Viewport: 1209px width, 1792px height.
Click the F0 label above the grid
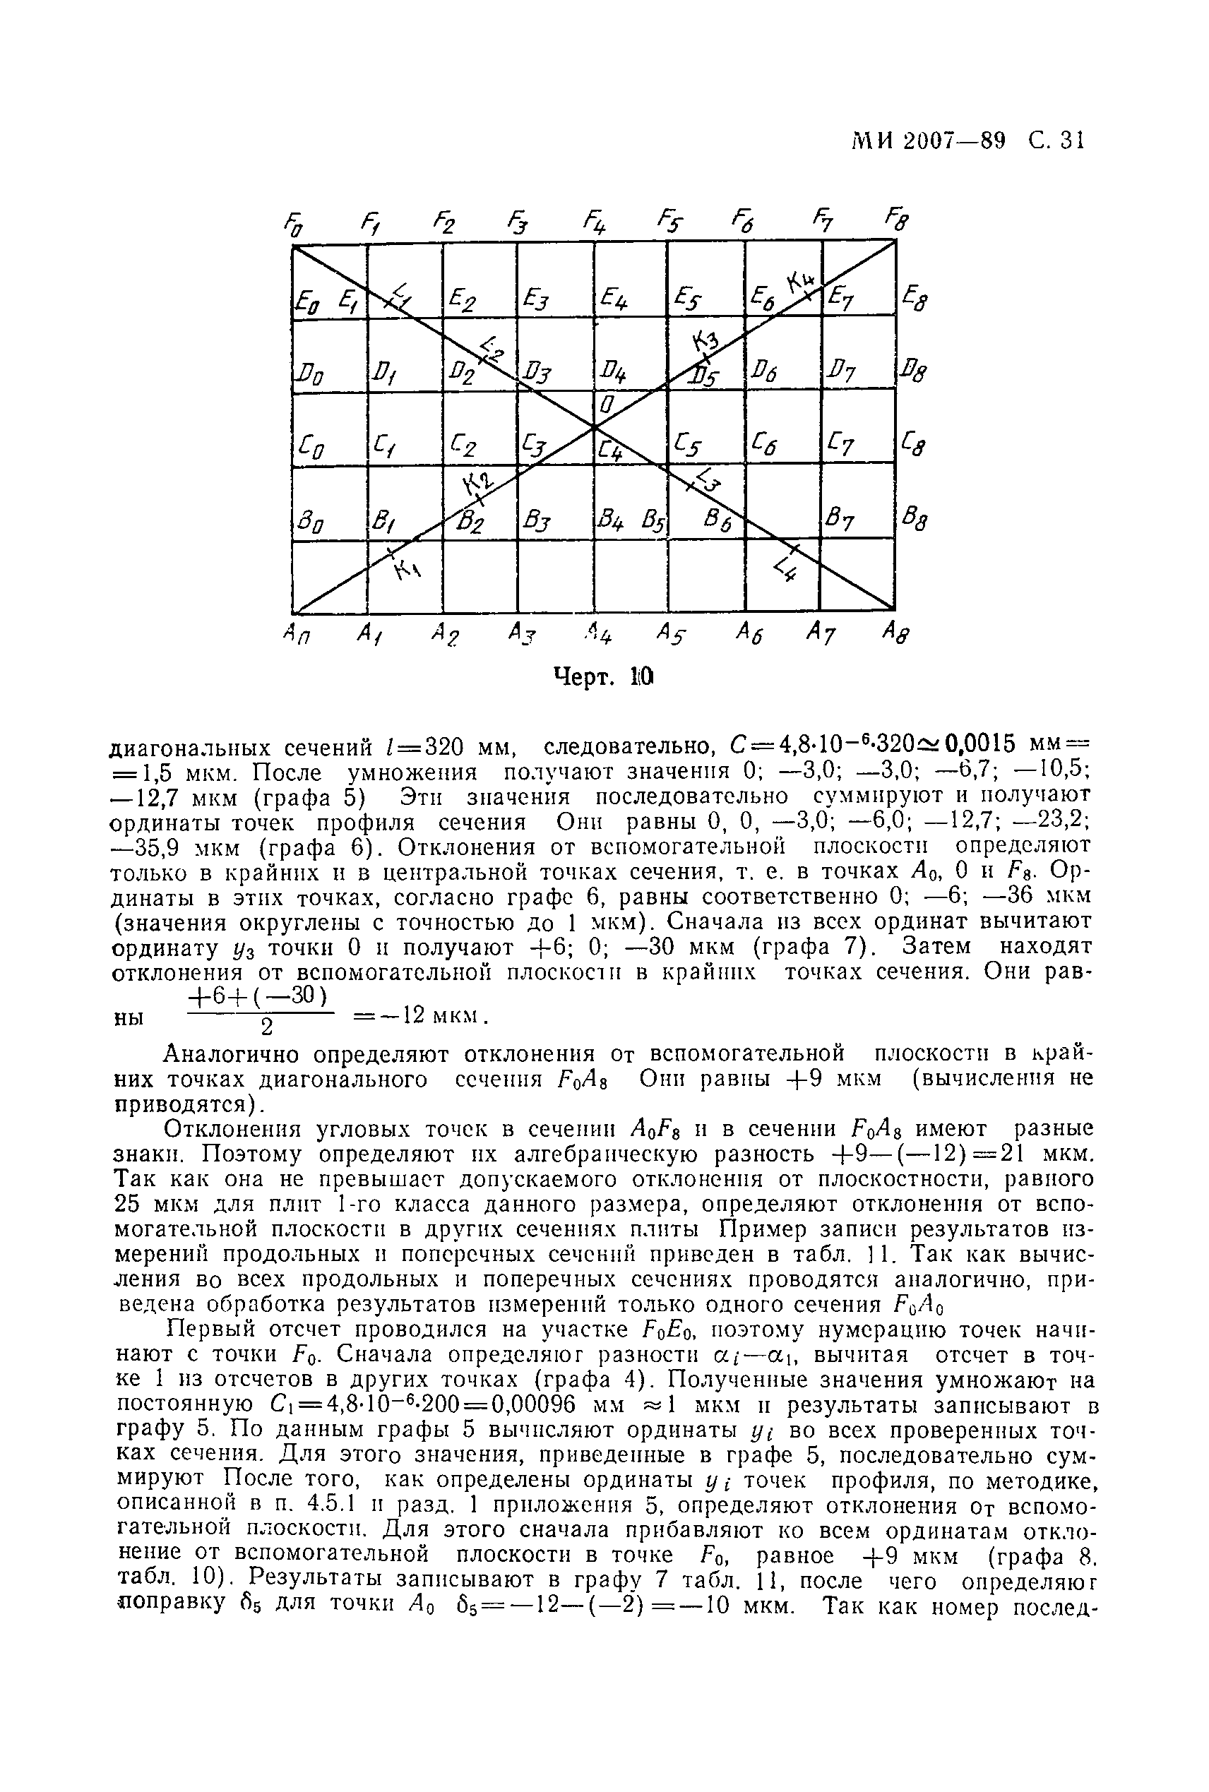[x=293, y=226]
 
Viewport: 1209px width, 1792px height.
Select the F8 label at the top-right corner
[x=897, y=220]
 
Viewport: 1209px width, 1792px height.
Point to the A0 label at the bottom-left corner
[x=294, y=636]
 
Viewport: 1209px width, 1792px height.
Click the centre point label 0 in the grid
[x=607, y=405]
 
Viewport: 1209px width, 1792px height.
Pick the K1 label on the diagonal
[x=405, y=570]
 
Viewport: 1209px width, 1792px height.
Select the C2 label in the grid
[x=463, y=445]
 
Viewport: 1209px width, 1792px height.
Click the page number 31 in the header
[x=1072, y=141]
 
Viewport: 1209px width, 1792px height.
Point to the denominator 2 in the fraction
[x=266, y=1027]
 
